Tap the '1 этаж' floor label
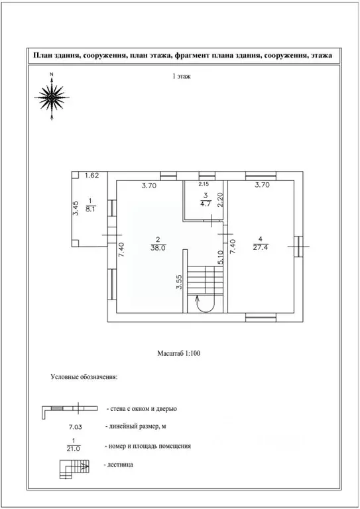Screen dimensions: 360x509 pyautogui.click(x=182, y=77)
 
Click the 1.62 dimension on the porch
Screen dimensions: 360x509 pyautogui.click(x=92, y=176)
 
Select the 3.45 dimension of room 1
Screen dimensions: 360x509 pyautogui.click(x=75, y=208)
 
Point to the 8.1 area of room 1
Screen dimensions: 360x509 pyautogui.click(x=91, y=209)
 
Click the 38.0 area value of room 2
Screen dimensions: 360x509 pyautogui.click(x=158, y=248)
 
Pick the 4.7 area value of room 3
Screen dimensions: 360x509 pyautogui.click(x=206, y=203)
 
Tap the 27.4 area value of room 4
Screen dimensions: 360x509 pyautogui.click(x=261, y=248)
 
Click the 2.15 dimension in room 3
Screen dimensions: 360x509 pyautogui.click(x=204, y=184)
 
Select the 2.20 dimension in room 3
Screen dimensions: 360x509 pyautogui.click(x=220, y=200)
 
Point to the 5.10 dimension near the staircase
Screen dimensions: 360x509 pyautogui.click(x=220, y=258)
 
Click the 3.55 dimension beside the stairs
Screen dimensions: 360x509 pyautogui.click(x=179, y=282)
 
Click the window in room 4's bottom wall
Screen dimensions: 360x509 pyautogui.click(x=261, y=317)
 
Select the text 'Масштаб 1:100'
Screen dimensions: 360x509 pyautogui.click(x=178, y=353)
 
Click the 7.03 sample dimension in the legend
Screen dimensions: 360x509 pyautogui.click(x=75, y=427)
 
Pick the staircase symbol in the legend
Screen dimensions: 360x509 pyautogui.click(x=74, y=469)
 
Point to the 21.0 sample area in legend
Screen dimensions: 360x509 pyautogui.click(x=74, y=449)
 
